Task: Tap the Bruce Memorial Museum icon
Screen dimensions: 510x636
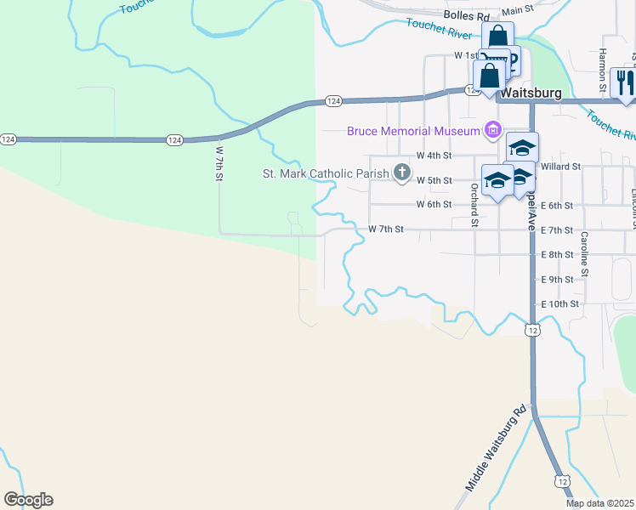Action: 491,130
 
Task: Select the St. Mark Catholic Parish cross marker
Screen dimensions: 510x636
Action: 402,174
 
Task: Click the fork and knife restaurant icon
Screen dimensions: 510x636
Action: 622,82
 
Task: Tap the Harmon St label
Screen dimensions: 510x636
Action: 602,70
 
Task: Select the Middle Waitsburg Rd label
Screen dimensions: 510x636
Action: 496,453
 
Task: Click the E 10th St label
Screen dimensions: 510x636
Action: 560,303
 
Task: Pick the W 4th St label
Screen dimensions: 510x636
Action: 434,156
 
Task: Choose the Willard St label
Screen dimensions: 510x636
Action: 560,167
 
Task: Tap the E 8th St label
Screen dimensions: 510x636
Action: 558,254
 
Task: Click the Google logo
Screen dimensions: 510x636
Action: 28,499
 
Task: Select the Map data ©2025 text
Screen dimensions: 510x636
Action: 599,503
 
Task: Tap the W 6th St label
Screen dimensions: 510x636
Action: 434,205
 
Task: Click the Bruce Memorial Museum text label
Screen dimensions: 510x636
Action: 412,131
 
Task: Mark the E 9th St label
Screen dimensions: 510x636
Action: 558,279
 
